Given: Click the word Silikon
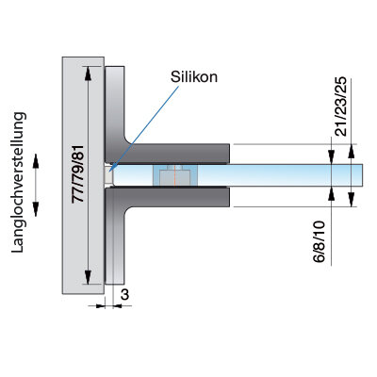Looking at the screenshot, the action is click(x=194, y=77).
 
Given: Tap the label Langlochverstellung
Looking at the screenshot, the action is click(x=18, y=182).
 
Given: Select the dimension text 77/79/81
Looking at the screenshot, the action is click(x=78, y=173).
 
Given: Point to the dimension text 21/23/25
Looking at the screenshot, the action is click(x=341, y=107).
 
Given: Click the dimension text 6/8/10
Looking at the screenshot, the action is click(x=320, y=241).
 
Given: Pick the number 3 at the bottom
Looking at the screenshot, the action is click(x=124, y=295).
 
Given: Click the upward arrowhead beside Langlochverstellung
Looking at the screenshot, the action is click(x=36, y=161).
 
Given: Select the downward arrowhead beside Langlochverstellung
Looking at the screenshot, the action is click(x=36, y=209).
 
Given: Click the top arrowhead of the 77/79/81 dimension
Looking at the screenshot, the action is click(x=88, y=74).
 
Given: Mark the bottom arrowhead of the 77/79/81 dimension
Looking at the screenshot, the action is click(x=88, y=277).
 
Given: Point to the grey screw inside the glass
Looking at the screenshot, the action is click(x=174, y=176).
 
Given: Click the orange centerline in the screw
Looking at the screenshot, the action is click(x=173, y=176).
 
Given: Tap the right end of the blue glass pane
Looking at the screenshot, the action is click(x=362, y=175).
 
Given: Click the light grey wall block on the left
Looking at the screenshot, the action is click(x=83, y=175).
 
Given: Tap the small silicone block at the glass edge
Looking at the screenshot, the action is click(x=108, y=175).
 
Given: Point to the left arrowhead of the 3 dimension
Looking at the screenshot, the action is click(x=101, y=305).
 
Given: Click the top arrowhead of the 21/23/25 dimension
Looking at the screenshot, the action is click(x=352, y=152).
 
